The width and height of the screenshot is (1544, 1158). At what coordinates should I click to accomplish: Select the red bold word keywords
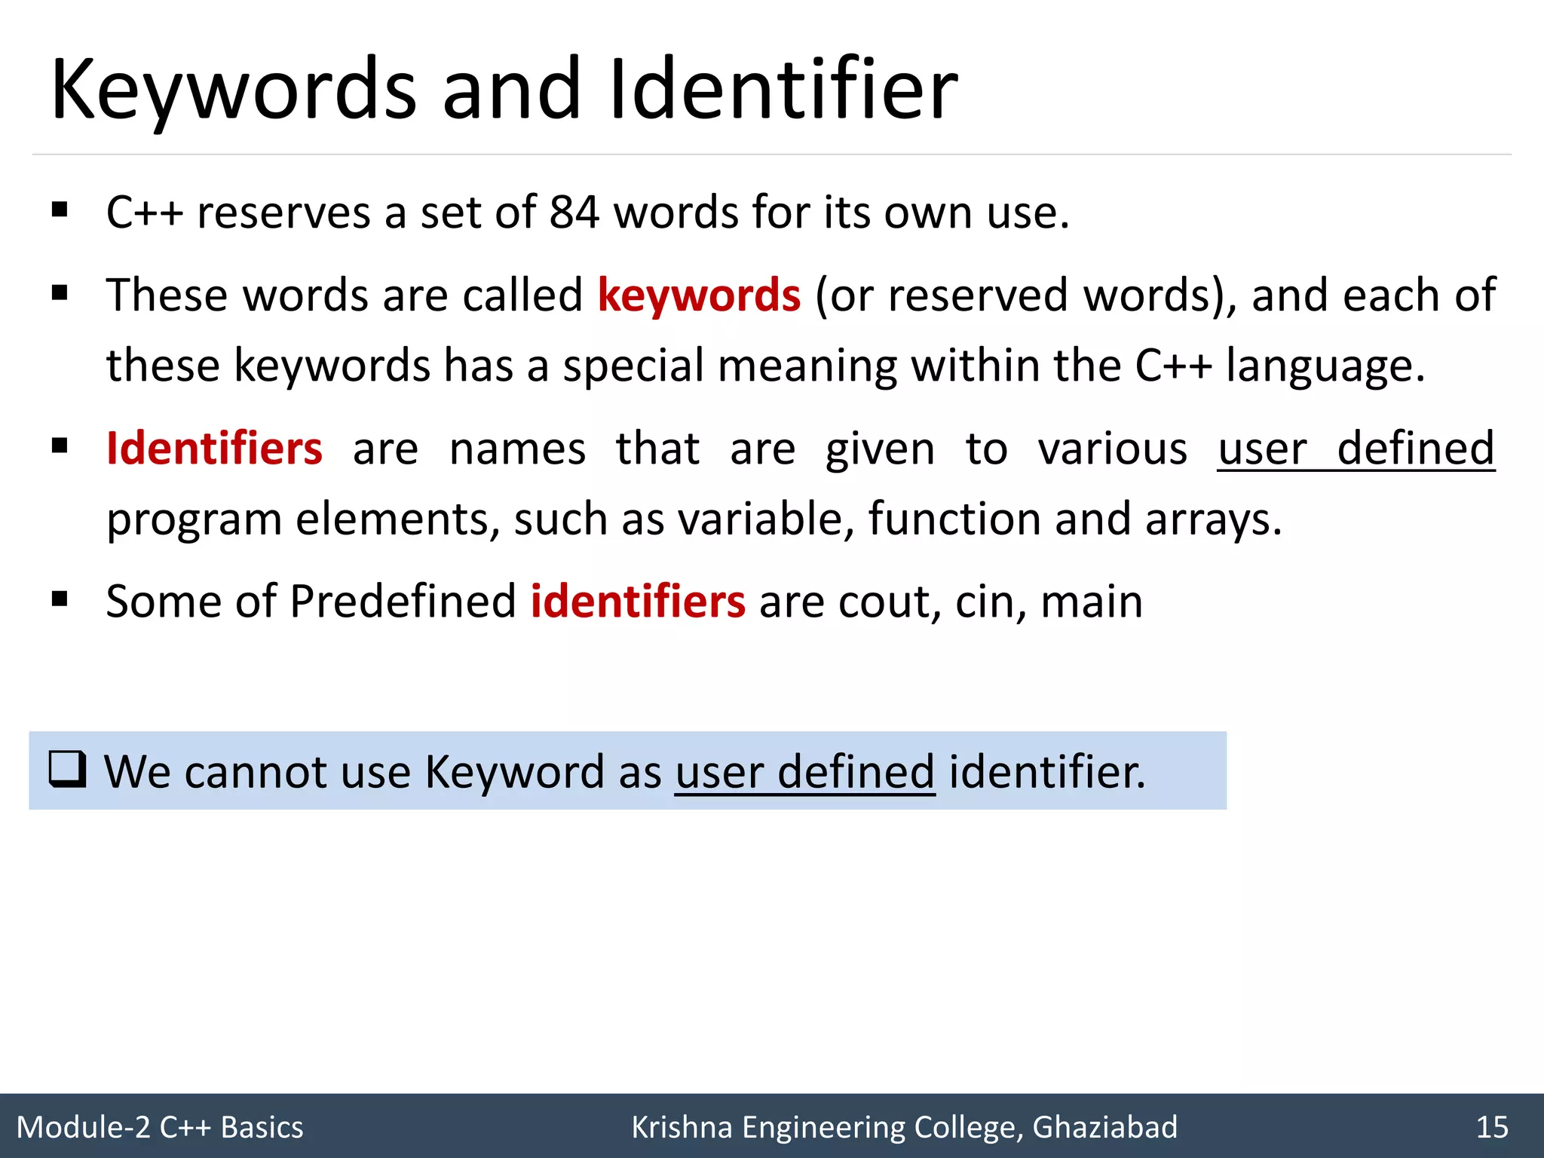699,295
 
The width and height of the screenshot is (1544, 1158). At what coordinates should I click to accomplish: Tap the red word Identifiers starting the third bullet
215,449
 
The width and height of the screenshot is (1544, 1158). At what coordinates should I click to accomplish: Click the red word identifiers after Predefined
638,602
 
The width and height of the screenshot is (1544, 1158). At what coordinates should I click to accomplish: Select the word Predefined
403,602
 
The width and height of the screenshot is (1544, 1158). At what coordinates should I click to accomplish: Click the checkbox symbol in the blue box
67,770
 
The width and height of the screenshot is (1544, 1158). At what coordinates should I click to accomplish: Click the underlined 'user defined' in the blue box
804,772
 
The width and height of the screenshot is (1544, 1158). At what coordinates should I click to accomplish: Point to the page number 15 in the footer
1492,1127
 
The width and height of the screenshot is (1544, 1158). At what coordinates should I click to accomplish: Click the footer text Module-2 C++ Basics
160,1127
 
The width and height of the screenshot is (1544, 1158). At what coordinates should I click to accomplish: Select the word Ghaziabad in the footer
1104,1127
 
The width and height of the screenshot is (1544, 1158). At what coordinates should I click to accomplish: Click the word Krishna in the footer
682,1127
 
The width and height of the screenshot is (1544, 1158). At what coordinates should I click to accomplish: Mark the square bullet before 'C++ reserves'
60,210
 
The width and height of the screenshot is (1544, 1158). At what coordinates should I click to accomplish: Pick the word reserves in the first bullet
283,213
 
